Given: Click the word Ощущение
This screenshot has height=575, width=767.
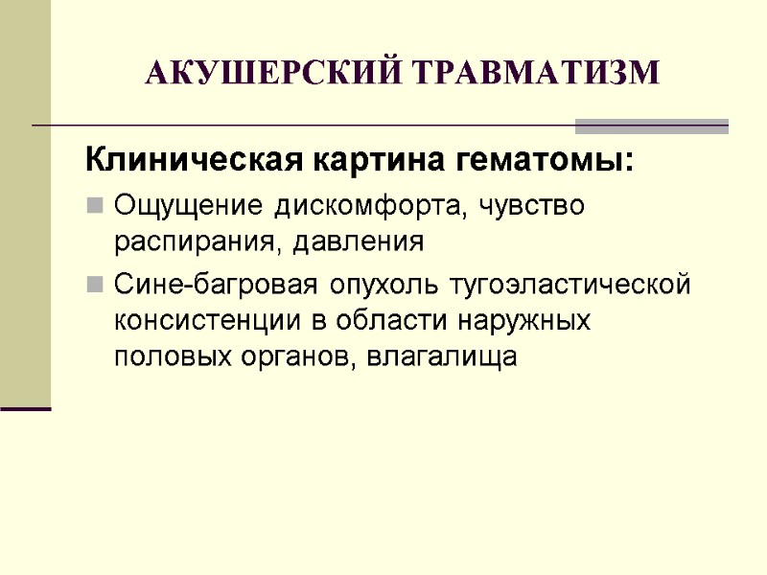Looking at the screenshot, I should (188, 206).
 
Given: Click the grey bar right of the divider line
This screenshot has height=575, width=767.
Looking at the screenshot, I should (652, 126).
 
